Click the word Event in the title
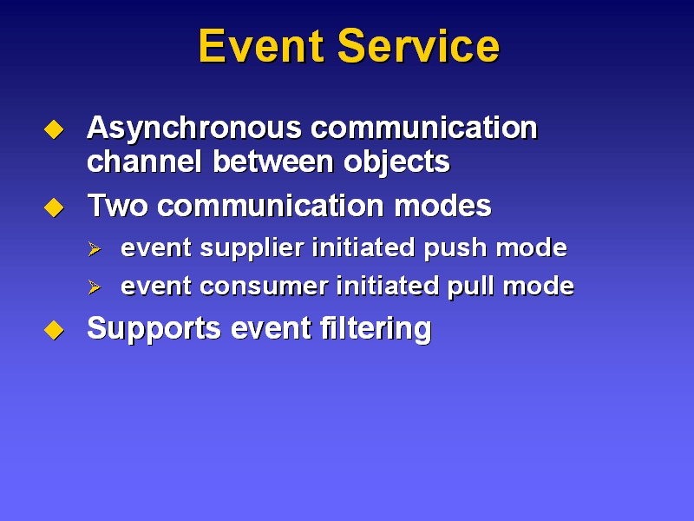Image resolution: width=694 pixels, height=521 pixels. (x=261, y=46)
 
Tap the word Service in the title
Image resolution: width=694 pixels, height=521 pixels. (x=419, y=46)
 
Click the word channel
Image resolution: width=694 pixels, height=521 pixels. (x=144, y=161)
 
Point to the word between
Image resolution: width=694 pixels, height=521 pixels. (x=273, y=161)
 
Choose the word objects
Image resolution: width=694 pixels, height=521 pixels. (x=397, y=162)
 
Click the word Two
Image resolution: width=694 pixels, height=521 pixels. (x=117, y=205)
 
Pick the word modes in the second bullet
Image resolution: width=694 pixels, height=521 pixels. (x=442, y=205)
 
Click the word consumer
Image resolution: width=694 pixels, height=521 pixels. (x=264, y=287)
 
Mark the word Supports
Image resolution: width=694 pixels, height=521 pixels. (x=154, y=329)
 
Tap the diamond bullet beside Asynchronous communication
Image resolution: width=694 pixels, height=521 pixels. (x=54, y=129)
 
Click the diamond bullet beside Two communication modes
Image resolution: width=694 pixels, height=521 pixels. (x=54, y=208)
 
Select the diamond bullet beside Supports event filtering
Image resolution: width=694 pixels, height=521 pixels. (x=54, y=330)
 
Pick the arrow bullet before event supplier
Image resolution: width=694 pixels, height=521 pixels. (x=95, y=249)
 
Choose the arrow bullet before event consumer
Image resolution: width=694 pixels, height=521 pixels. (x=95, y=287)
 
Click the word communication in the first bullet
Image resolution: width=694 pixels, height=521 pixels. (x=424, y=128)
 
